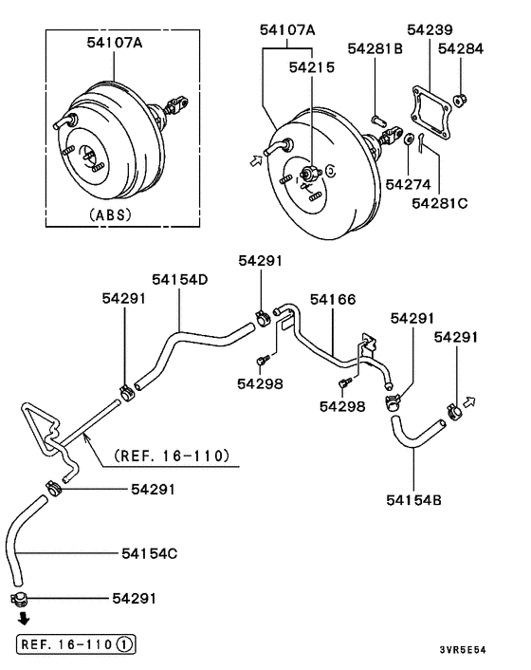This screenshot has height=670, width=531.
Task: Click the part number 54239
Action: (430, 29)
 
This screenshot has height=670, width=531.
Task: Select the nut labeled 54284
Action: (460, 101)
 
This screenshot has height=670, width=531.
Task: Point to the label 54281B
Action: (375, 48)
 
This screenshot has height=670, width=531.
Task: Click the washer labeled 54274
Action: (409, 139)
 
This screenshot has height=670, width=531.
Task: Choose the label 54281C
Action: (439, 203)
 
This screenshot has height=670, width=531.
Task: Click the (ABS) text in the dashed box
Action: (111, 214)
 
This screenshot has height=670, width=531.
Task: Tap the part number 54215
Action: (312, 67)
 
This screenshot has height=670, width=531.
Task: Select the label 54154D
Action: (180, 279)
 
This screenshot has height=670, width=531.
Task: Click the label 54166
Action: (333, 299)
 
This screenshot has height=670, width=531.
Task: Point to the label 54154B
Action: (413, 500)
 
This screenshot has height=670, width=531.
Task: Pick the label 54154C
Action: (150, 553)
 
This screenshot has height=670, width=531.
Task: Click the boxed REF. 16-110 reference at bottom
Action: (77, 643)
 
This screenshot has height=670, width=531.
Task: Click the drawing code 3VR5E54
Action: (463, 650)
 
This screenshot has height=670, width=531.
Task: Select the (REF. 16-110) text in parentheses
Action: (172, 456)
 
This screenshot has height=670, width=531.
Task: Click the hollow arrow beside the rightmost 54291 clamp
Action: (469, 401)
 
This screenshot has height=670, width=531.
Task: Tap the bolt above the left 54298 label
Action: (262, 361)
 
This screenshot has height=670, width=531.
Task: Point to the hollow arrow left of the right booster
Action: (256, 160)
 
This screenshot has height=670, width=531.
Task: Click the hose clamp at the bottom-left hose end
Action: (19, 599)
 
